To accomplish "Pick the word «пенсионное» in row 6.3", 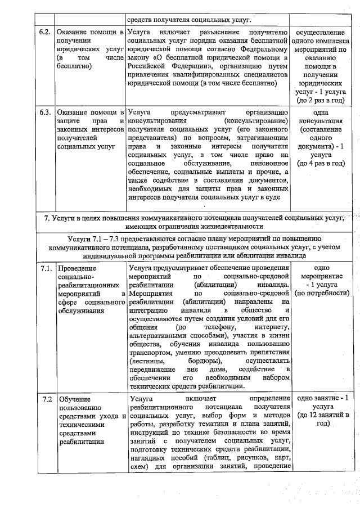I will [268, 163].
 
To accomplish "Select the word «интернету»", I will [272, 327].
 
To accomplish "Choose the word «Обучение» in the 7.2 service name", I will [74, 399].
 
